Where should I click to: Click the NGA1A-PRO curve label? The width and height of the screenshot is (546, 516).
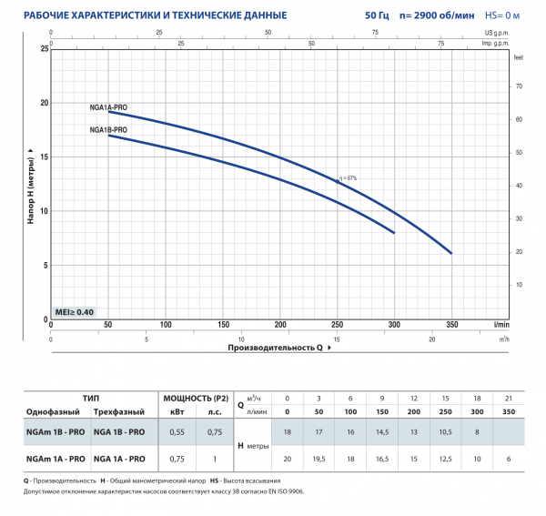[108, 107]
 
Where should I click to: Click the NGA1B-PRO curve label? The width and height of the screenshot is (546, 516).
[108, 130]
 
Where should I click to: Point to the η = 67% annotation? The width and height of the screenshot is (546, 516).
[347, 177]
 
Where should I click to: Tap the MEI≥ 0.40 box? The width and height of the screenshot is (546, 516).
[75, 312]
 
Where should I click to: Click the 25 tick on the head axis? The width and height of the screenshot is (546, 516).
[43, 47]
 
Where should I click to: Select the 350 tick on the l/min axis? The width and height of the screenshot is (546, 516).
[450, 325]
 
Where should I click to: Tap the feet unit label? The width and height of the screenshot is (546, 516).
[518, 57]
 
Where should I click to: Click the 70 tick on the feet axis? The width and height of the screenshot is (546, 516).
[520, 86]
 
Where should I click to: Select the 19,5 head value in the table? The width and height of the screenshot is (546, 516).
[318, 459]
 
